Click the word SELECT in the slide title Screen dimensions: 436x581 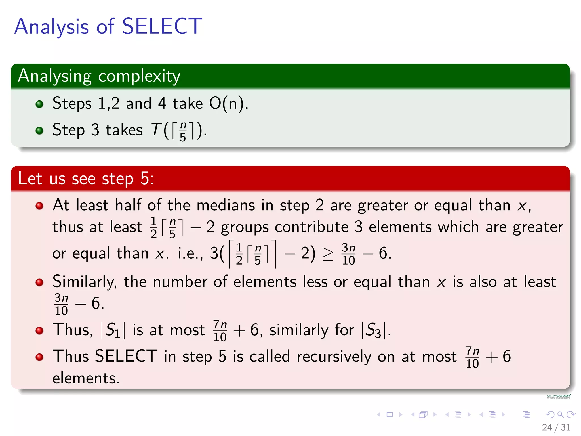[162, 26]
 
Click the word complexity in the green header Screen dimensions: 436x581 [139, 76]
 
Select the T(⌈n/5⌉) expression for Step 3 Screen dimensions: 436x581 [176, 131]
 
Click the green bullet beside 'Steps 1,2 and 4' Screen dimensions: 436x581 [39, 104]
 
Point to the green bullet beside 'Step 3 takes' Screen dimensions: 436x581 [39, 131]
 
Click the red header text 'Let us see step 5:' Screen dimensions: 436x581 [86, 179]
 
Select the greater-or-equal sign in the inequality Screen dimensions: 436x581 [328, 254]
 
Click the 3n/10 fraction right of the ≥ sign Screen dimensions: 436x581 [348, 254]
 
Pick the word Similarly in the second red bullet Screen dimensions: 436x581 [84, 282]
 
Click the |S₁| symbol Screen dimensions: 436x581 [113, 330]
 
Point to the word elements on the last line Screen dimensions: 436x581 [86, 378]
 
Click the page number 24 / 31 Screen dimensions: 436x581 [556, 427]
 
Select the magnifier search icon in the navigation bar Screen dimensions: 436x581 [560, 414]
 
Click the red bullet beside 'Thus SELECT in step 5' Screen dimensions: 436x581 [39, 357]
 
